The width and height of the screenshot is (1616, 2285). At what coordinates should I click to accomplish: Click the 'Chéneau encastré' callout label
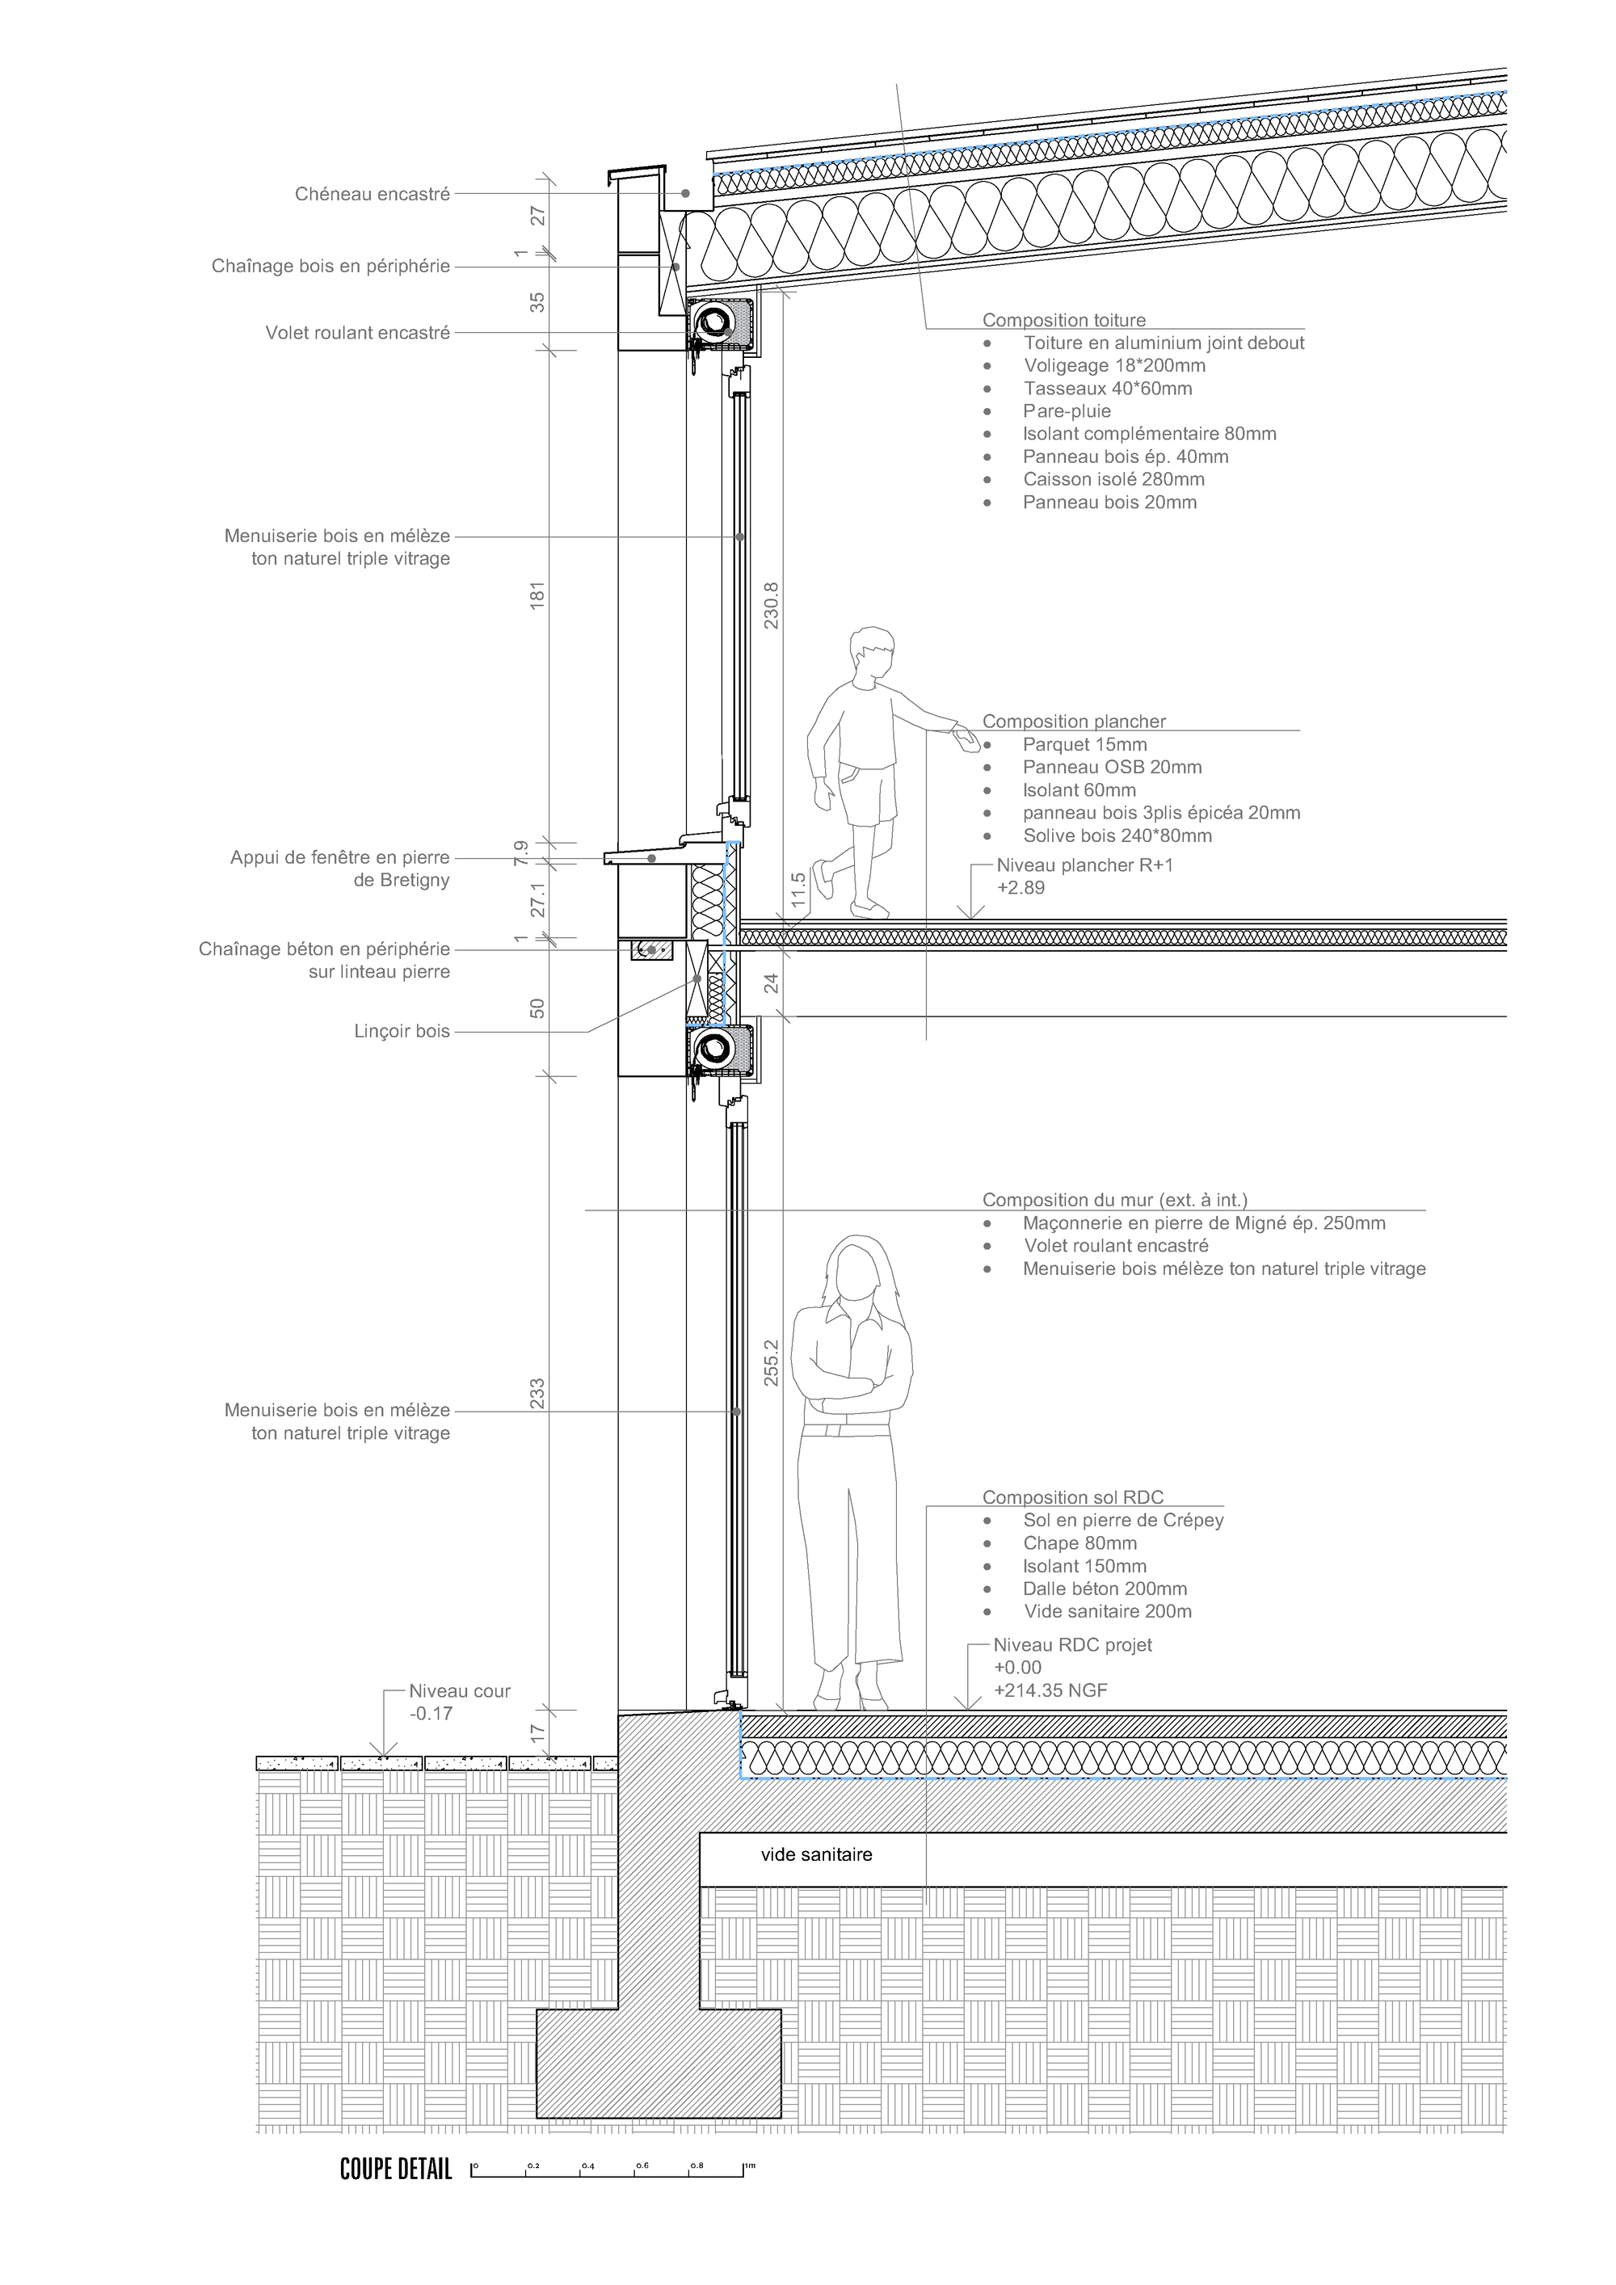click(x=372, y=194)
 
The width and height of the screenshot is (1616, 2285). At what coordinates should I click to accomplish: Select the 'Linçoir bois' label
click(x=402, y=1031)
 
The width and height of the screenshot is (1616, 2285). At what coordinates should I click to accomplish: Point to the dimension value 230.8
click(x=772, y=605)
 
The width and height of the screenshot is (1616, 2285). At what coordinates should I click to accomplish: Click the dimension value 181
click(x=538, y=595)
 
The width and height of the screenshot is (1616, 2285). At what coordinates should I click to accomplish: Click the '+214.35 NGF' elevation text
click(x=1050, y=1690)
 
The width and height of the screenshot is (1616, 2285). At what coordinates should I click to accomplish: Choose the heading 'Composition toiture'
click(x=1064, y=321)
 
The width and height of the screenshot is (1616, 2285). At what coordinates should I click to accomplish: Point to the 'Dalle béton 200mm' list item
click(x=1105, y=1589)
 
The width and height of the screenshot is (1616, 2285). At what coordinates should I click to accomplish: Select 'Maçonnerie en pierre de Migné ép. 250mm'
click(x=1204, y=1223)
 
